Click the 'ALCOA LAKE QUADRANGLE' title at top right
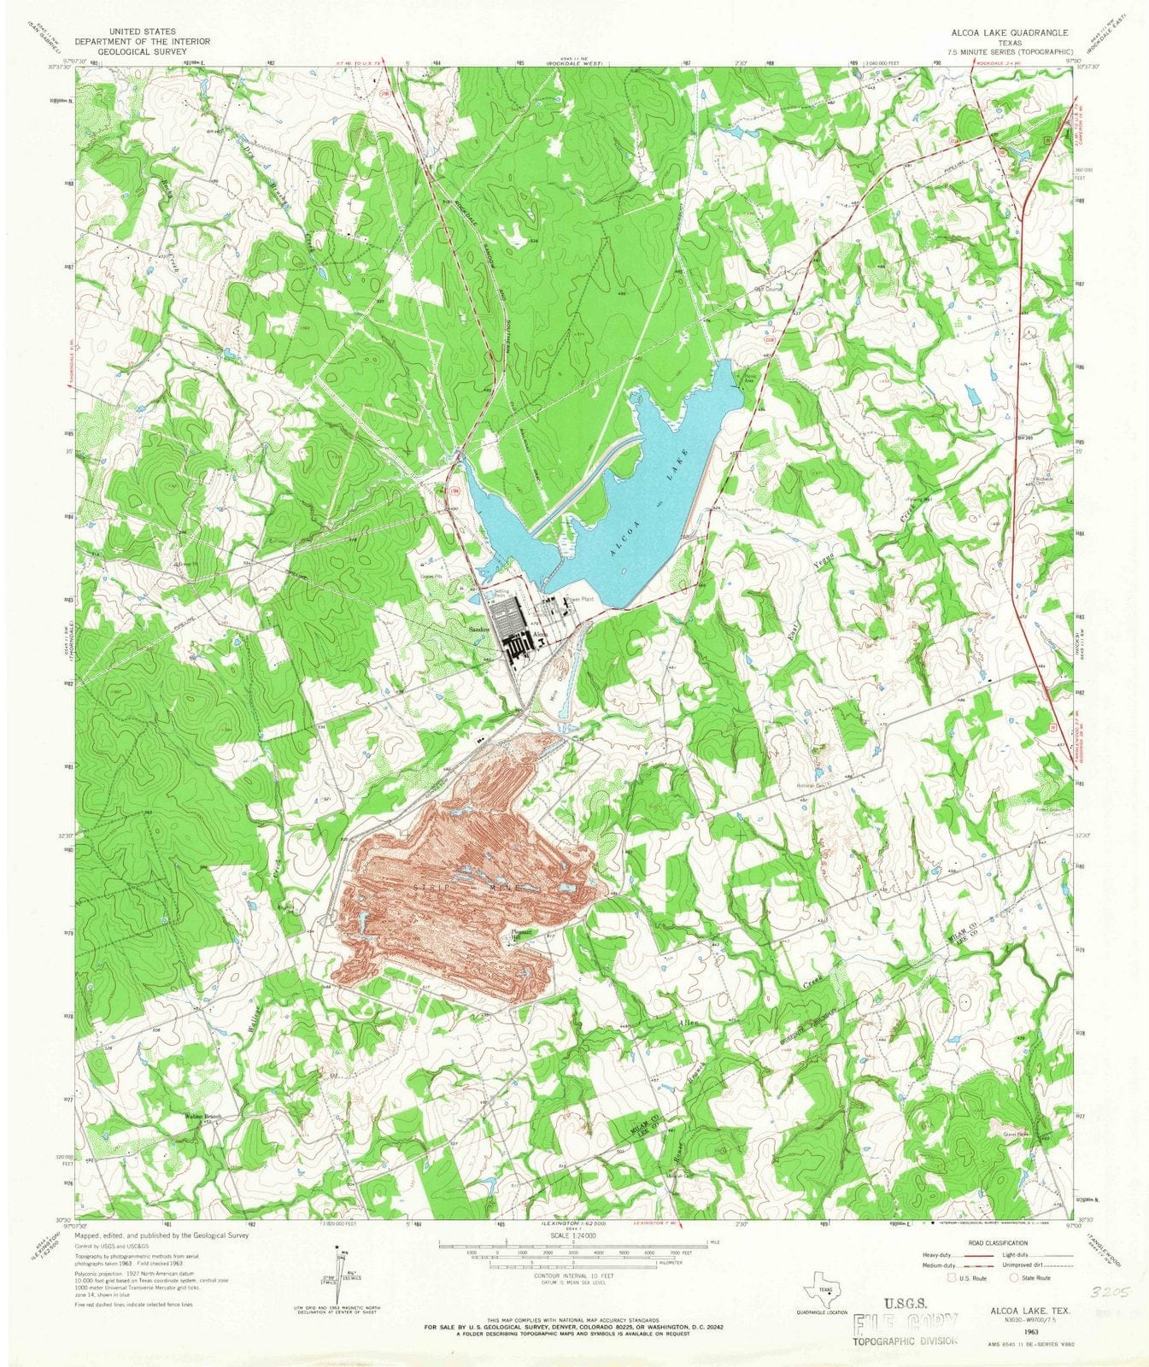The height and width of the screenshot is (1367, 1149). click(1003, 32)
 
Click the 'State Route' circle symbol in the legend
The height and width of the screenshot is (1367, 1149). click(1015, 1278)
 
